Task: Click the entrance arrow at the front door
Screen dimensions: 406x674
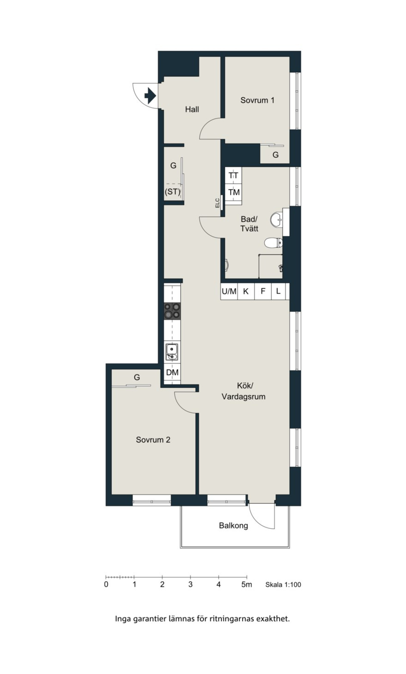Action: click(x=150, y=96)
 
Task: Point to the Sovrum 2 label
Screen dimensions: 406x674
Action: click(x=153, y=439)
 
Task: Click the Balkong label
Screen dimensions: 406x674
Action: click(x=233, y=526)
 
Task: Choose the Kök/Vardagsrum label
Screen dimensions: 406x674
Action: click(x=243, y=391)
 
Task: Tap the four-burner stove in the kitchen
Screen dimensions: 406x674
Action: click(x=172, y=311)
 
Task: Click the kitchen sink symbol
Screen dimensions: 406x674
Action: click(x=171, y=352)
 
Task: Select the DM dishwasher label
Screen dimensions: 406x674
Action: click(x=172, y=372)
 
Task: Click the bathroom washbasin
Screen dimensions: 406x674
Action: click(x=277, y=219)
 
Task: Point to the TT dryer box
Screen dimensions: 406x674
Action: click(x=233, y=175)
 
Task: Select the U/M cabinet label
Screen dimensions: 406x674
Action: click(x=229, y=291)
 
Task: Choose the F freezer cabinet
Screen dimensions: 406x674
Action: click(x=263, y=291)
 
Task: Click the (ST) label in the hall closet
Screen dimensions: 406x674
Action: click(x=172, y=192)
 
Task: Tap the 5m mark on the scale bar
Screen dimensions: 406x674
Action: click(x=247, y=585)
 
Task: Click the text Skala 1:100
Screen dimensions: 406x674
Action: click(x=283, y=585)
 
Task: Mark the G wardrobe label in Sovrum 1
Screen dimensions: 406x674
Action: click(x=275, y=155)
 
